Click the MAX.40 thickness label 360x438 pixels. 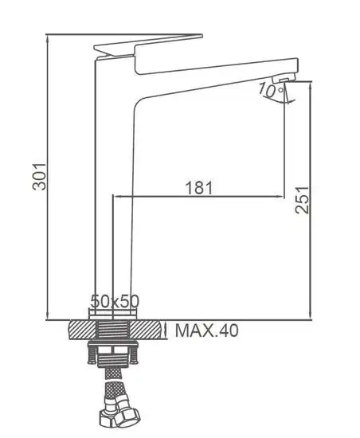[206, 330]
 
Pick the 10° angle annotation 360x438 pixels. [272, 92]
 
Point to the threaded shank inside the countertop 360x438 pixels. [115, 329]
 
